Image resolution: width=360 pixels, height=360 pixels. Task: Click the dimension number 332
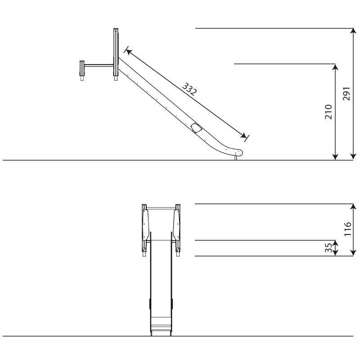pos(189,89)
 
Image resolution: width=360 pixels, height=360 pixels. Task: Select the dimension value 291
pos(346,94)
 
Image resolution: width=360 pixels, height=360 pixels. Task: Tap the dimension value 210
pos(329,112)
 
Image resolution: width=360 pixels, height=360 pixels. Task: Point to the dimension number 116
pos(348,229)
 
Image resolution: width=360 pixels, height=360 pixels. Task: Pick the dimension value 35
pos(329,248)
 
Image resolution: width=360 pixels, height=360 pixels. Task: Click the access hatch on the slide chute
pos(196,128)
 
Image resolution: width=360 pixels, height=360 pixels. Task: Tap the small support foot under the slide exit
pos(235,158)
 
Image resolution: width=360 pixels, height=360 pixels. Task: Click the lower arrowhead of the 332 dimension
pos(243,135)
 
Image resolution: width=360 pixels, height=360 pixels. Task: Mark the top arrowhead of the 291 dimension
pos(353,31)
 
